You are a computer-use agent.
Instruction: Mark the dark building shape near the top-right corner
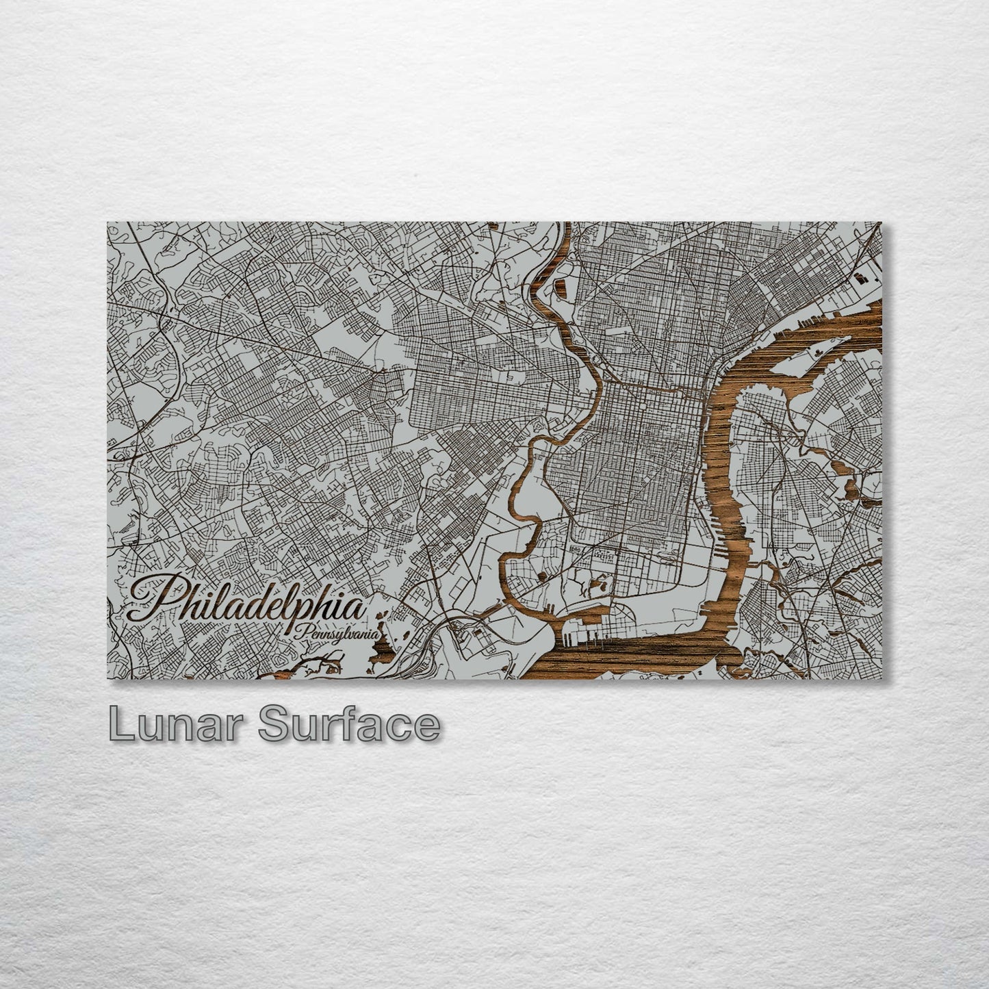[860, 277]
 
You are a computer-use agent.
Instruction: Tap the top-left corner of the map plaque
[108, 222]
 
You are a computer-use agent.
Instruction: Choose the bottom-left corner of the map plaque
[108, 679]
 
